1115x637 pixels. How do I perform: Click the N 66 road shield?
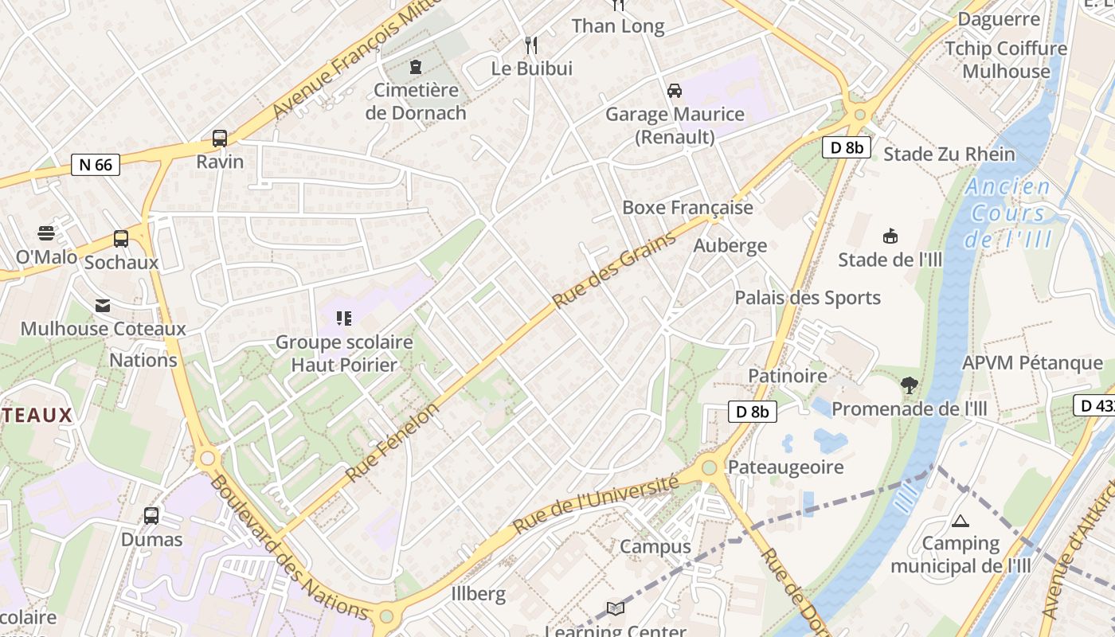point(96,165)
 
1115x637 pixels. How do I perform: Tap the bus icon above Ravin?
point(220,139)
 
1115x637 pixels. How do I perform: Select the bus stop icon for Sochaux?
point(121,238)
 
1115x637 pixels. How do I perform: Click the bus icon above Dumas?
point(151,515)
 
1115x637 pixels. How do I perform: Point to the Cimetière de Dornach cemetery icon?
point(416,66)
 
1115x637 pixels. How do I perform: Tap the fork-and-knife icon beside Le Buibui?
point(531,45)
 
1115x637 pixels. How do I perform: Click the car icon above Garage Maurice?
point(675,90)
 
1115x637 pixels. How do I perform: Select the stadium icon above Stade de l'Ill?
point(890,236)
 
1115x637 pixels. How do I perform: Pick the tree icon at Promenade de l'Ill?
point(909,385)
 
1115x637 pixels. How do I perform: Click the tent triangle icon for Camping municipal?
point(960,521)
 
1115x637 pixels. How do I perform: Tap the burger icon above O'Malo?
point(47,233)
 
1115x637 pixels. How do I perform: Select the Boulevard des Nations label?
point(291,548)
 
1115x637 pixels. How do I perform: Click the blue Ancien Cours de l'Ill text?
point(1008,213)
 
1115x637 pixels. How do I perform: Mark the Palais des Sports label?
point(808,298)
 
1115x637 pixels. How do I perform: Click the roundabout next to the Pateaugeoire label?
point(709,467)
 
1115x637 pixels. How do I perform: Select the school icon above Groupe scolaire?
point(344,319)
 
